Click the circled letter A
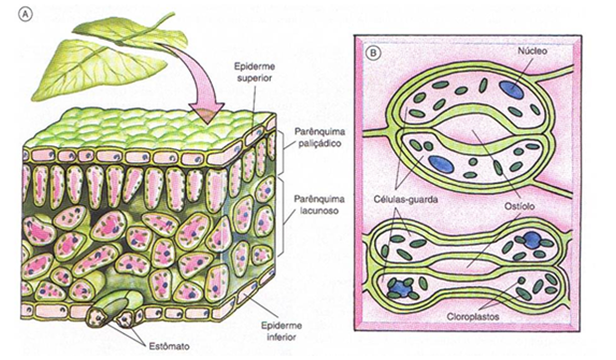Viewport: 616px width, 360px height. click(x=10, y=13)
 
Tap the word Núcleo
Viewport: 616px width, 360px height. click(x=533, y=48)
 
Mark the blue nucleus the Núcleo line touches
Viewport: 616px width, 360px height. click(x=510, y=89)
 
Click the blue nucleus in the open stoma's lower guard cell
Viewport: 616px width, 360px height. click(x=439, y=162)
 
